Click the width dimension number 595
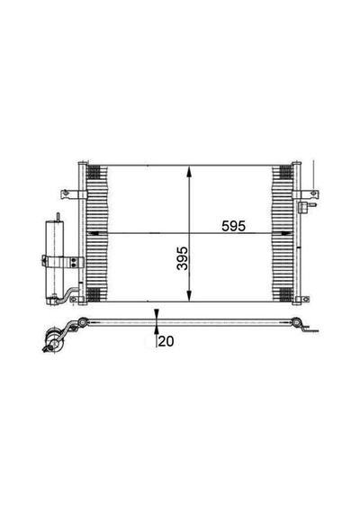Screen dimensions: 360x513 tap(233, 226)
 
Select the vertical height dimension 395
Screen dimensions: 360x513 tap(183, 258)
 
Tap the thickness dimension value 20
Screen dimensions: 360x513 tap(166, 341)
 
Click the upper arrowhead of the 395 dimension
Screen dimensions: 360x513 tap(189, 172)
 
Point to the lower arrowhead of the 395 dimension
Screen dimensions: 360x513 tap(189, 295)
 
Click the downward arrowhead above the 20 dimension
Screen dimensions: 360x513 tap(157, 314)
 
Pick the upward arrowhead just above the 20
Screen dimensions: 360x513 tap(157, 330)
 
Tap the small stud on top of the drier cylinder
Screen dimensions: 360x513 tap(58, 217)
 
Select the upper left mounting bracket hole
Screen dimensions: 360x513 tap(66, 193)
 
